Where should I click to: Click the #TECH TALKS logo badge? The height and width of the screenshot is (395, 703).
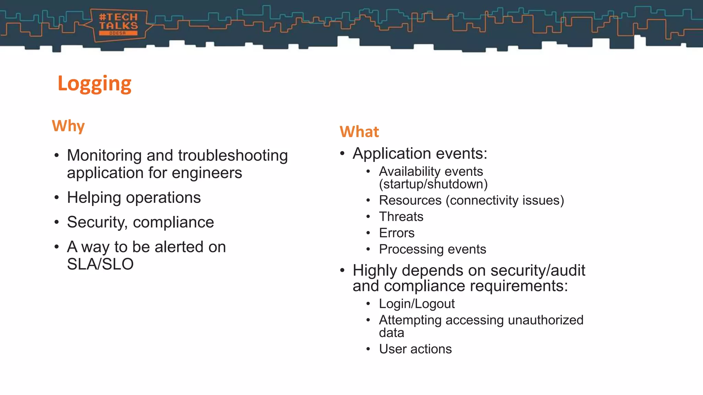tap(118, 25)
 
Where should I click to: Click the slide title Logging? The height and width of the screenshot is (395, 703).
tap(94, 84)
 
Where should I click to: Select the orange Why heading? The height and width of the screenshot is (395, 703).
tap(68, 126)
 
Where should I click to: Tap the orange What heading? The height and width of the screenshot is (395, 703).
tap(359, 132)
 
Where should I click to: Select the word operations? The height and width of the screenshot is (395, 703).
tap(163, 198)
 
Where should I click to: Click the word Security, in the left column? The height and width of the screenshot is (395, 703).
tap(97, 223)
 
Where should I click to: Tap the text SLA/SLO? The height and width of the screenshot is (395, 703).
tap(100, 264)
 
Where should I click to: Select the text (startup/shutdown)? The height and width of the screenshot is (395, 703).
tap(433, 184)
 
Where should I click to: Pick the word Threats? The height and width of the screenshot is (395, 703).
tap(401, 217)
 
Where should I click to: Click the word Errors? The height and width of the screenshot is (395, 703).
tap(396, 233)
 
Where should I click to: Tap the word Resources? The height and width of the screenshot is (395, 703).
tap(410, 200)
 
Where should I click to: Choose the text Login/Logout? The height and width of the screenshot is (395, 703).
tap(417, 304)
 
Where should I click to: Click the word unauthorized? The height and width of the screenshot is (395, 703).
tap(545, 320)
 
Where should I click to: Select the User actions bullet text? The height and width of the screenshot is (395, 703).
tap(415, 349)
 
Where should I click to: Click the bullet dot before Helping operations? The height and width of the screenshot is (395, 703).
tap(57, 198)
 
